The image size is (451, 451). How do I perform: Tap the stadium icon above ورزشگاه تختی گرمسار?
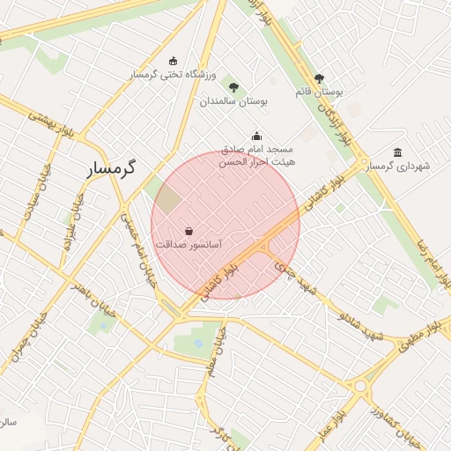[x=173, y=61]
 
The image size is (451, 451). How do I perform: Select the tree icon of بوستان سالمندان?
[x=233, y=87]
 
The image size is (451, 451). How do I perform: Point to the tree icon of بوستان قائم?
[x=319, y=78]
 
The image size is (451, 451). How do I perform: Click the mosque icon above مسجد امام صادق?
[x=256, y=136]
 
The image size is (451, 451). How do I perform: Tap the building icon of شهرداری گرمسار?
[x=398, y=152]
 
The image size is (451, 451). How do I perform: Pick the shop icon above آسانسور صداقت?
[x=189, y=231]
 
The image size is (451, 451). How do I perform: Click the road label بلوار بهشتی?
[x=50, y=125]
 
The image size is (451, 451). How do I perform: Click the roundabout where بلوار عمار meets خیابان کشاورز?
[x=359, y=386]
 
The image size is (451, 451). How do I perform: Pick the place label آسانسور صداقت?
[x=189, y=242]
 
